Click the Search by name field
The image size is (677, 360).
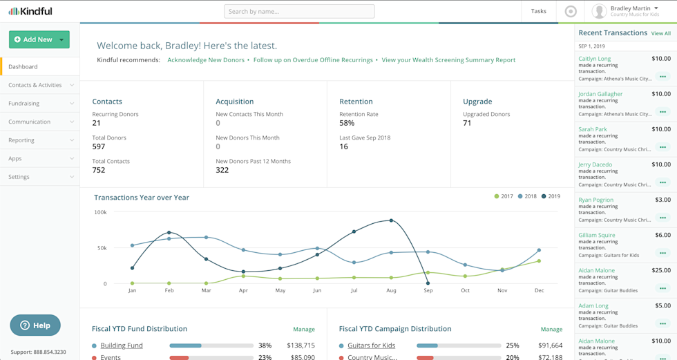pyautogui.click(x=299, y=11)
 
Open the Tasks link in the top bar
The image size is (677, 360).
pyautogui.click(x=538, y=11)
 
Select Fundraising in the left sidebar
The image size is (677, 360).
pyautogui.click(x=24, y=104)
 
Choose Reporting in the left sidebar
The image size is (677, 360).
pyautogui.click(x=21, y=140)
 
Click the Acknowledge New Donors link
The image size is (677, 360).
pyautogui.click(x=206, y=60)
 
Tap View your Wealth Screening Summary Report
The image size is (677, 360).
pyautogui.click(x=448, y=60)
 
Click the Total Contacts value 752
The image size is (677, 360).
pyautogui.click(x=99, y=170)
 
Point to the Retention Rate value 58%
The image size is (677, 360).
pyautogui.click(x=347, y=123)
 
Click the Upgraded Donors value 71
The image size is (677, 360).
pyautogui.click(x=467, y=123)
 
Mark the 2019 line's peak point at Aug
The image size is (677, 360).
pyautogui.click(x=392, y=220)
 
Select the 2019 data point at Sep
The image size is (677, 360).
pyautogui.click(x=428, y=283)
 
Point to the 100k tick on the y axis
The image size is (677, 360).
pyautogui.click(x=100, y=212)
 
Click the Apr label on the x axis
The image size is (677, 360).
pyautogui.click(x=243, y=291)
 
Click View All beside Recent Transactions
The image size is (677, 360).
pyautogui.click(x=660, y=33)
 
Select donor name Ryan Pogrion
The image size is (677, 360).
pyautogui.click(x=595, y=200)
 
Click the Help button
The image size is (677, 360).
pyautogui.click(x=35, y=325)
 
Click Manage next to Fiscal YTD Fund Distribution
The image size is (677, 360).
pyautogui.click(x=303, y=330)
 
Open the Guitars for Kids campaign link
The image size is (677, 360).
pyautogui.click(x=372, y=345)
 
